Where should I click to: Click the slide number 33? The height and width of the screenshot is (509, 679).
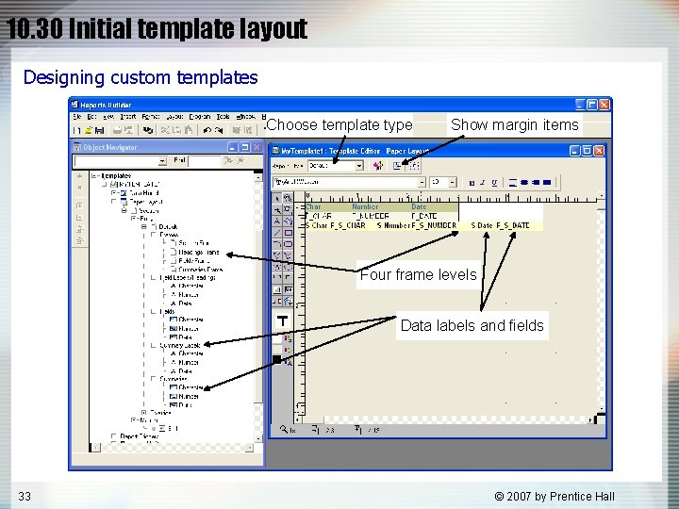24,496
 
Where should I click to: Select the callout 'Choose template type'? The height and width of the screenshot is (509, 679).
339,124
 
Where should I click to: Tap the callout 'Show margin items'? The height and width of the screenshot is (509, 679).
515,124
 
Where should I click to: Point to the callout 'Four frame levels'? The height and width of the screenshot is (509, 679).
418,275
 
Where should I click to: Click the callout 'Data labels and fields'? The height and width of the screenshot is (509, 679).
472,325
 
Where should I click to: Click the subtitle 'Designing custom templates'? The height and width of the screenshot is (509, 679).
140,77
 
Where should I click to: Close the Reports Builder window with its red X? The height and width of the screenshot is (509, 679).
604,105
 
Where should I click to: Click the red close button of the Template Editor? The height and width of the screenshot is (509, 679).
599,150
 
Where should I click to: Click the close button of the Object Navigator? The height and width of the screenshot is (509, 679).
257,147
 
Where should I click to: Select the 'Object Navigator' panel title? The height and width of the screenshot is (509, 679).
110,147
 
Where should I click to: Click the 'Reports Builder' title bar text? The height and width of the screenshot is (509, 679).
107,105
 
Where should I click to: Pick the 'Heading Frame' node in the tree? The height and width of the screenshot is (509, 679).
199,253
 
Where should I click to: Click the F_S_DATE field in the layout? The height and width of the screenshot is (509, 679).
509,225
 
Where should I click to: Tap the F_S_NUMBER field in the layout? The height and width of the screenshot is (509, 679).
433,225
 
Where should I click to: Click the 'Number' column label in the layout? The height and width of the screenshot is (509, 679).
365,206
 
